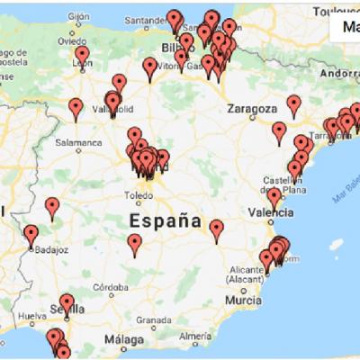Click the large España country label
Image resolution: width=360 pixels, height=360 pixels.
pyautogui.click(x=165, y=220)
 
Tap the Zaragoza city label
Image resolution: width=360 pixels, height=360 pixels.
pyautogui.click(x=252, y=109)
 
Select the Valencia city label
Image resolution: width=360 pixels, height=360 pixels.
pyautogui.click(x=269, y=213)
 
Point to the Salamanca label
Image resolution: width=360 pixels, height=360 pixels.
pyautogui.click(x=78, y=141)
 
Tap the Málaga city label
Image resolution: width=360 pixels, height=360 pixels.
pyautogui.click(x=123, y=339)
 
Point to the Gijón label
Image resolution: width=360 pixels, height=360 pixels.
pyautogui.click(x=79, y=17)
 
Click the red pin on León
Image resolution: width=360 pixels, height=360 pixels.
pyautogui.click(x=82, y=56)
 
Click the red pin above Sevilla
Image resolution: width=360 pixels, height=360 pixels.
pyautogui.click(x=67, y=303)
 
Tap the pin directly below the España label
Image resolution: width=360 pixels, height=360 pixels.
pyautogui.click(x=135, y=244)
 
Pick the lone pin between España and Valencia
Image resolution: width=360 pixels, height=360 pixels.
pyautogui.click(x=217, y=229)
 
